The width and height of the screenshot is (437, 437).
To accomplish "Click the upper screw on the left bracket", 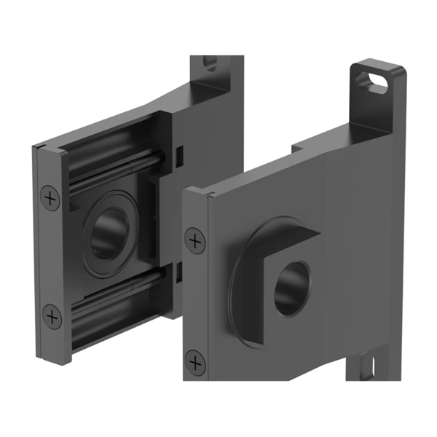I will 50,197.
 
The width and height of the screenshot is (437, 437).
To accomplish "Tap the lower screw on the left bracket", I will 52,316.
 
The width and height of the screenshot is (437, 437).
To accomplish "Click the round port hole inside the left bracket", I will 106,235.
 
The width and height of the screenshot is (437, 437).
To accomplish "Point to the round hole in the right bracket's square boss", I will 291,287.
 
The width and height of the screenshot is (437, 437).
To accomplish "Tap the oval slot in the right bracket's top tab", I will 378,81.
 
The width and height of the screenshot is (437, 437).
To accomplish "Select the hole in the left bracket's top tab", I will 210,63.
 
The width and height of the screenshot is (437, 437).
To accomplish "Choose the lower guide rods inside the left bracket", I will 117,288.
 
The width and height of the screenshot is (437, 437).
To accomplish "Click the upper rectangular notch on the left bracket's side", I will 178,154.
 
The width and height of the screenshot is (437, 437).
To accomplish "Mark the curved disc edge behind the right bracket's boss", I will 234,280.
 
